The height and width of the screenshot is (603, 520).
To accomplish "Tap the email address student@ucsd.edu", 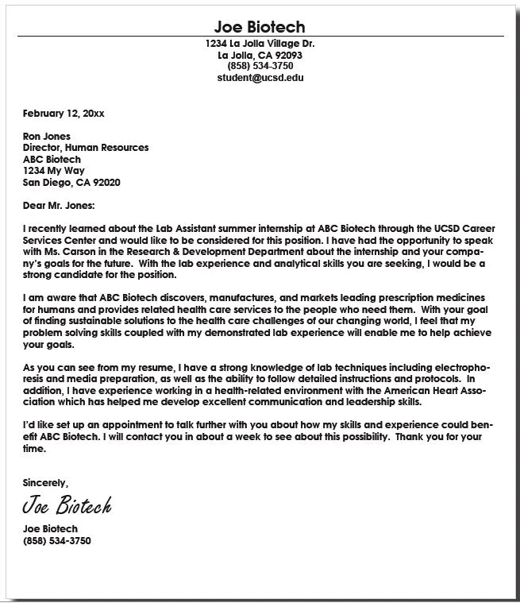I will (260, 78).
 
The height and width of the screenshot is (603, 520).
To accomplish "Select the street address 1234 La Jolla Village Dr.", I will (260, 44).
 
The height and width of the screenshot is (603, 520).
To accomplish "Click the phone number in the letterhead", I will (260, 67).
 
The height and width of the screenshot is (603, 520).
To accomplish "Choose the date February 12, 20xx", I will (64, 114).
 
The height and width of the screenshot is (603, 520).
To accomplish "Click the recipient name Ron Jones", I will (47, 137).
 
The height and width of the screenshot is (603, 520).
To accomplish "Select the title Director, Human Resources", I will (86, 148).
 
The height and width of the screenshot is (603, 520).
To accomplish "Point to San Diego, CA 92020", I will (71, 182).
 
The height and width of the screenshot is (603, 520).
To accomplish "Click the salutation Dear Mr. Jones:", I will (59, 206).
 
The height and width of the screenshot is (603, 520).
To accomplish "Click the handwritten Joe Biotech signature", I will (67, 505).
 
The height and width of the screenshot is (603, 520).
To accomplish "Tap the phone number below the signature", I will (57, 540).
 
